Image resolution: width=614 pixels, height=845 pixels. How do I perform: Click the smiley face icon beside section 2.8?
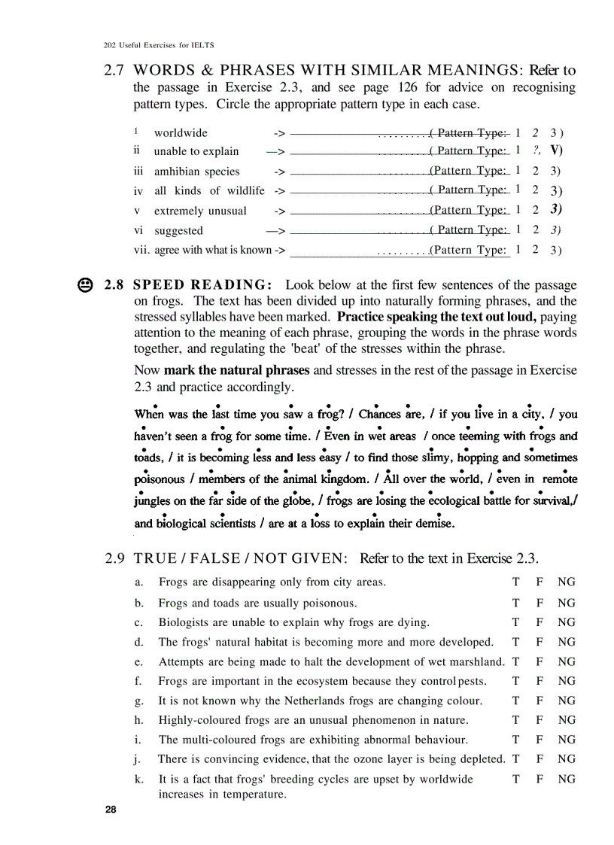85,286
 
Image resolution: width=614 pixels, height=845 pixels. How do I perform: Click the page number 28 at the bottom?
111,810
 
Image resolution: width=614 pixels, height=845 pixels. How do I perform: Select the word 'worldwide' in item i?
181,133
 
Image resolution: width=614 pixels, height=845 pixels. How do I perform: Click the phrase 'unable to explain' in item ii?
196,151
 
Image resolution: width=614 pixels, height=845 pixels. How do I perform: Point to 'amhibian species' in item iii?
196,172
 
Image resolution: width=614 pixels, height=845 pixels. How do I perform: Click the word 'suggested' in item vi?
178,231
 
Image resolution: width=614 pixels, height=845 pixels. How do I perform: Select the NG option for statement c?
566,622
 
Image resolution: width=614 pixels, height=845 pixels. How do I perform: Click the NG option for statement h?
566,720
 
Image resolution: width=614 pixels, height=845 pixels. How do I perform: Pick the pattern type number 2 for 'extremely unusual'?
535,210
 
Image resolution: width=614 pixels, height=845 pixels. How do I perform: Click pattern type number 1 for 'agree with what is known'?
518,250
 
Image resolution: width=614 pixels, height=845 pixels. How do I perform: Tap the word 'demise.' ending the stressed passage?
431,523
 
